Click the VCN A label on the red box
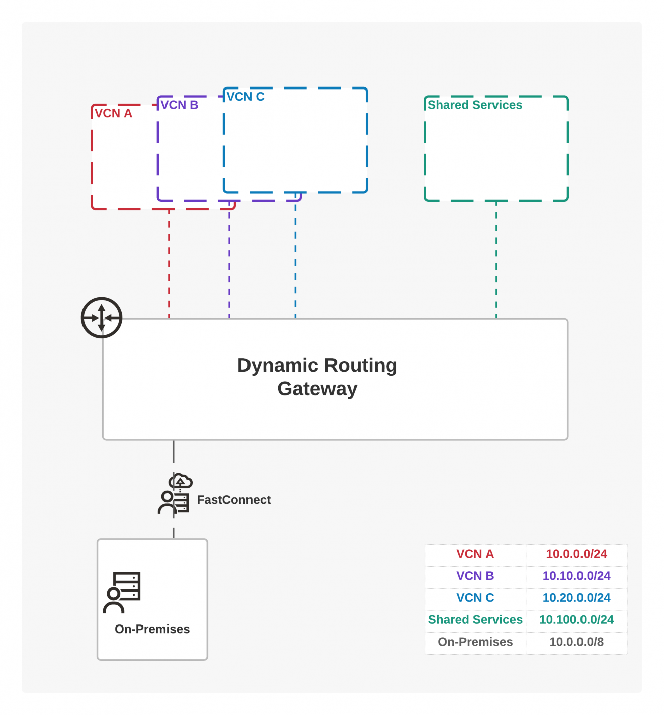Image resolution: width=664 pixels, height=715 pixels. [113, 114]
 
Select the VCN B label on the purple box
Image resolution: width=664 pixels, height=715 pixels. [180, 105]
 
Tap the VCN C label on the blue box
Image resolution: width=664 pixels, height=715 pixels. [245, 97]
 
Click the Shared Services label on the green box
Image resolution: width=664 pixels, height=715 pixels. [475, 105]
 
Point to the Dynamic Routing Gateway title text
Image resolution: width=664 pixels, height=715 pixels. [317, 377]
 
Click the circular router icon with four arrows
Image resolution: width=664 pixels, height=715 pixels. [102, 318]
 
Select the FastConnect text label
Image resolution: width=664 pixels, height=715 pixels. [233, 500]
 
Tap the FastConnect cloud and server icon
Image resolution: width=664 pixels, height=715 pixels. [175, 495]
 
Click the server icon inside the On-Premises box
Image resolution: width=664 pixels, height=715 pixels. [122, 592]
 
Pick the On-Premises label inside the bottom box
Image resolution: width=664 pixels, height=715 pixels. [152, 629]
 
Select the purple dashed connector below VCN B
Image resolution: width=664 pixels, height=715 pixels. [229, 261]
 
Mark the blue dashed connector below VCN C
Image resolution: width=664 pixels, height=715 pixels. [295, 256]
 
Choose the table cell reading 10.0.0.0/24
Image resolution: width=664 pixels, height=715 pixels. [576, 554]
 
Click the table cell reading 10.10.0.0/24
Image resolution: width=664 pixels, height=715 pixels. [576, 576]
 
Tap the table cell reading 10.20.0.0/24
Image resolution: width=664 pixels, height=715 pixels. [576, 598]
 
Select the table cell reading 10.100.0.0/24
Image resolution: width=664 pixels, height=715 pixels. [576, 620]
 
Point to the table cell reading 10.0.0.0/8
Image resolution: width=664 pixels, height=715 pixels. [576, 642]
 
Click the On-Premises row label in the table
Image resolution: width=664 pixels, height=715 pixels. [475, 642]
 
